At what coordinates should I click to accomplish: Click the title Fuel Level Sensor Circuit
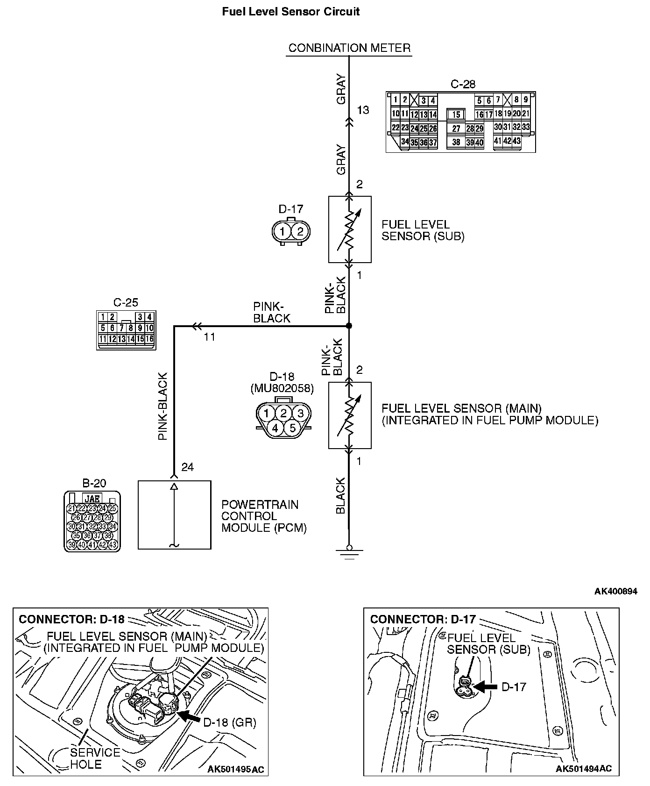click(x=290, y=12)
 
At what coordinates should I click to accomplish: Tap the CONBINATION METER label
click(x=349, y=48)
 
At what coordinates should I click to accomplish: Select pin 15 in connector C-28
click(x=456, y=114)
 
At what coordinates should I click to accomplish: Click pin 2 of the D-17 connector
click(x=300, y=231)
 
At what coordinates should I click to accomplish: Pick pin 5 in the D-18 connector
click(x=292, y=428)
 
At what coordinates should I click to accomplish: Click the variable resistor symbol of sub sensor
click(x=350, y=229)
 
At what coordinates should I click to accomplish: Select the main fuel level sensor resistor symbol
click(x=350, y=415)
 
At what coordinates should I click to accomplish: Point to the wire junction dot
click(x=349, y=326)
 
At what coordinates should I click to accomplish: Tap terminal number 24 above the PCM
click(x=187, y=467)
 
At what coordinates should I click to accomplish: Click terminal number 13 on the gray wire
click(x=363, y=110)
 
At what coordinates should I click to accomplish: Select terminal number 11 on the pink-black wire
click(x=210, y=336)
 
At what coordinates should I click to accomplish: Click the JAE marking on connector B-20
click(x=92, y=498)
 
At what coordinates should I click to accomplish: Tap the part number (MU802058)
click(x=282, y=388)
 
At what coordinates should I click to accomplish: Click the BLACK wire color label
click(x=340, y=495)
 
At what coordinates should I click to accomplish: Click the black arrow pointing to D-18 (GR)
click(x=190, y=715)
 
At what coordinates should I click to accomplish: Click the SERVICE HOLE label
click(x=95, y=758)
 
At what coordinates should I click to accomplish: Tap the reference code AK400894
click(x=615, y=591)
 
